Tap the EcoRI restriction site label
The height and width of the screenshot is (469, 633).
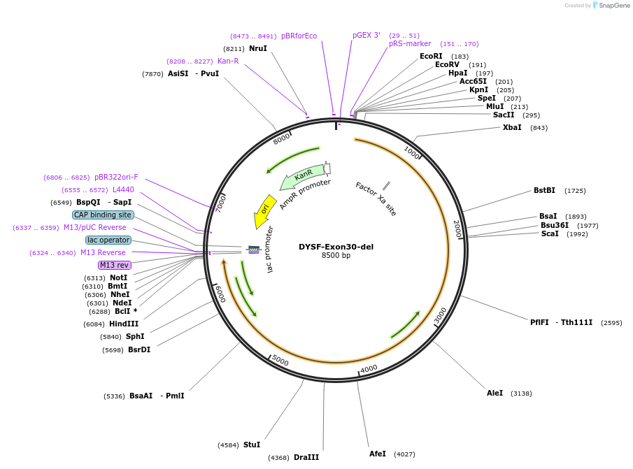point(431,56)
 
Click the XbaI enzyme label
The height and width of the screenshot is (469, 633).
point(512,127)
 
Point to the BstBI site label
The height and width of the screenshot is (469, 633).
point(544,190)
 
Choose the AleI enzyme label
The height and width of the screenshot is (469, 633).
point(495,393)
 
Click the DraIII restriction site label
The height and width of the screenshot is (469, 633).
point(306,457)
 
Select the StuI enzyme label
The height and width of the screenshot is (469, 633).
point(252,445)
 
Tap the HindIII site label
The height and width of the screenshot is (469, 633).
point(124,324)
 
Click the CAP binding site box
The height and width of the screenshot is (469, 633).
point(103,215)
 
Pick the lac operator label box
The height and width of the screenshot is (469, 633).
point(108,240)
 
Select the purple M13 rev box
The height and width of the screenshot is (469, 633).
point(115,265)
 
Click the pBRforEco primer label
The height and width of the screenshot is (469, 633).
point(299,36)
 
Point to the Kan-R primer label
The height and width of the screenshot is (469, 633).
point(228,61)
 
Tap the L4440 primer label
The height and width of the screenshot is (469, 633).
point(123,189)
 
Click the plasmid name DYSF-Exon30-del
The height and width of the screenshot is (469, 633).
point(336,247)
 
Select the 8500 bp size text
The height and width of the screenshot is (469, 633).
point(336,256)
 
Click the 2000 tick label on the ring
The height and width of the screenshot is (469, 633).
point(457,229)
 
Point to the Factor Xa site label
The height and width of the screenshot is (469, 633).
point(376,199)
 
